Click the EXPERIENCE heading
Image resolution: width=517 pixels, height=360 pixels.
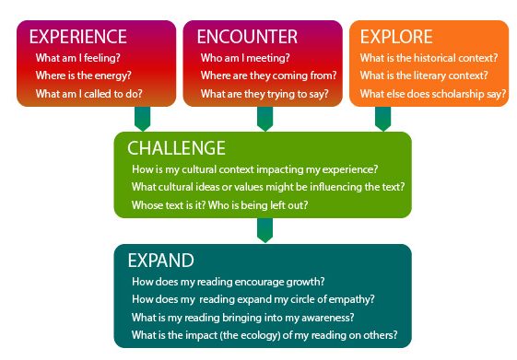tap(77, 38)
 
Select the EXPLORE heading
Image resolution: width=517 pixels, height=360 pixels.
tap(396, 38)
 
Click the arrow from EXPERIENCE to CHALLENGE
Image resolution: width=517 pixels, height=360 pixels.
tap(143, 119)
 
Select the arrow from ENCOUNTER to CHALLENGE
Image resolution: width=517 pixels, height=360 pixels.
tap(264, 119)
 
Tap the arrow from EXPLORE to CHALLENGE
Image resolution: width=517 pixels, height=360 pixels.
tap(382, 119)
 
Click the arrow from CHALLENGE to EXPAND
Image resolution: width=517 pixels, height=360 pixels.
tap(264, 230)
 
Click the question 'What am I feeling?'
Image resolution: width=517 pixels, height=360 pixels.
tap(78, 58)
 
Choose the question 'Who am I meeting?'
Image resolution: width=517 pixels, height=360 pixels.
tap(242, 58)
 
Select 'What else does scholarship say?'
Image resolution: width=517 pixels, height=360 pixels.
tap(433, 94)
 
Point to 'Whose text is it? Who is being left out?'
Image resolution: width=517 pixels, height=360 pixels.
tap(219, 205)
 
